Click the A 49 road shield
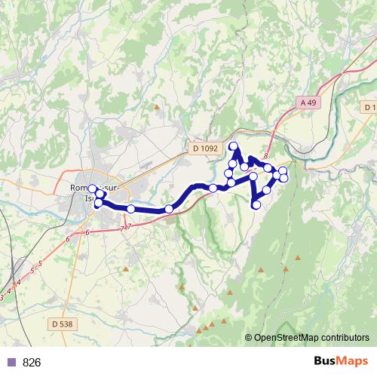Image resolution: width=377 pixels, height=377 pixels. point(307,102)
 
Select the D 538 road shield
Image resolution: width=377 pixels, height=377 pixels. point(65,323)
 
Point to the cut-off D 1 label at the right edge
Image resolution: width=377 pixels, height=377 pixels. point(369,108)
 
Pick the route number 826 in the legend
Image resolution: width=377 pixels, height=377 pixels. point(32,363)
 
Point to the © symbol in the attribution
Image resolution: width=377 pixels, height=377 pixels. point(249,338)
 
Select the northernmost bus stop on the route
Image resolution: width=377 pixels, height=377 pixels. point(233,146)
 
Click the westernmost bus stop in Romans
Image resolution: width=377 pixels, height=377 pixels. point(93,188)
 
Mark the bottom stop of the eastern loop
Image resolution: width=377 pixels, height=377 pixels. point(256,204)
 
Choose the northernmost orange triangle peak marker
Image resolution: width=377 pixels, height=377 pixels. point(157,107)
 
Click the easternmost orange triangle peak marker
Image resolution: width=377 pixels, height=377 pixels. point(298,258)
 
